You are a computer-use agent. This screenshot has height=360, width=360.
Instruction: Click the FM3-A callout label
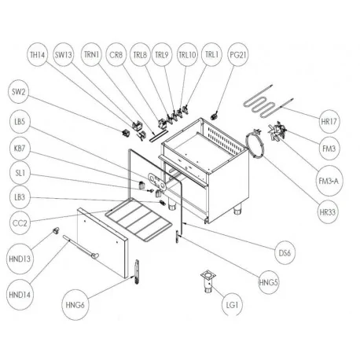click(331, 181)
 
